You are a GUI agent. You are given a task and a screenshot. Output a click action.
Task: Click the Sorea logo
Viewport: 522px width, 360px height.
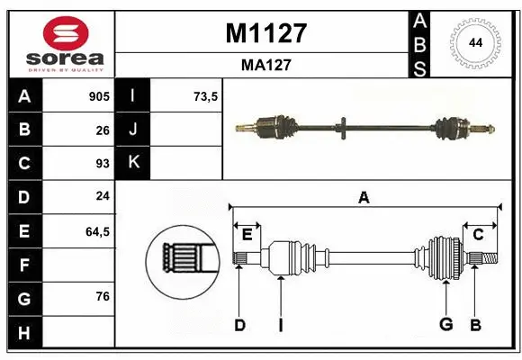coord(61,43)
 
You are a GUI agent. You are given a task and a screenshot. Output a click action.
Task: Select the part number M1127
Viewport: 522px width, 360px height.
coord(265,33)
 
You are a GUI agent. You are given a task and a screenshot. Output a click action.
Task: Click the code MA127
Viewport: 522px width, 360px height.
coord(265,65)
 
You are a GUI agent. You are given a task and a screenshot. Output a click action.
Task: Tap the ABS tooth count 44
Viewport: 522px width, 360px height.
coord(473,43)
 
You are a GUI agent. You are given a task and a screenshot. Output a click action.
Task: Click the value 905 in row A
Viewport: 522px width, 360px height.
coord(98,96)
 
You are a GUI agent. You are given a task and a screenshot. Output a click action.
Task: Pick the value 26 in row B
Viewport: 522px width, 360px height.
coord(102,130)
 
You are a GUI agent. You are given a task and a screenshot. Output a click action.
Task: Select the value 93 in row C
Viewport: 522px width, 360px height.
coord(102,164)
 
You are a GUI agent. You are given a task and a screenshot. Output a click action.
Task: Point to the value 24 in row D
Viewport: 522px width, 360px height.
coord(102,197)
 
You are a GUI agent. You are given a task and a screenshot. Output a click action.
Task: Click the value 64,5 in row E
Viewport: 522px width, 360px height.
coord(97,231)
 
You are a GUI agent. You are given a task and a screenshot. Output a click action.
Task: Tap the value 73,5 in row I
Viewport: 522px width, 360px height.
coord(206,96)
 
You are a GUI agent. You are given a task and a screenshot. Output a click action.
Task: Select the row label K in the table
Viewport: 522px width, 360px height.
coord(133,164)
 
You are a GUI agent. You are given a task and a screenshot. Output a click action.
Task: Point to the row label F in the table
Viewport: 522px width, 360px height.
coord(24,265)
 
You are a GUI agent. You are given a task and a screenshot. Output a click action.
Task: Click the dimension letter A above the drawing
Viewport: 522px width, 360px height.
coord(364,197)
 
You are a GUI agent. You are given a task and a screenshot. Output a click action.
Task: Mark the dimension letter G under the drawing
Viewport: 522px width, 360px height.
coord(445,325)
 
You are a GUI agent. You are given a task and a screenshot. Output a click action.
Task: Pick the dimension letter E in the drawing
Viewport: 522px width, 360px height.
coord(247,235)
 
